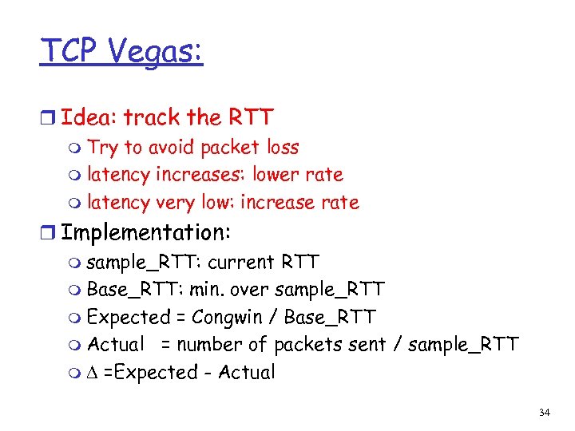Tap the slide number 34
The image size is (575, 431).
(x=545, y=413)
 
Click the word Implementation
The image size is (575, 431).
(x=145, y=232)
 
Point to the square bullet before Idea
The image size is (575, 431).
(x=49, y=119)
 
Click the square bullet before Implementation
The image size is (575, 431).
(x=49, y=234)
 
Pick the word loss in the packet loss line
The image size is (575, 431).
(x=283, y=147)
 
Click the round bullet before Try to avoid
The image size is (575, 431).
(x=75, y=148)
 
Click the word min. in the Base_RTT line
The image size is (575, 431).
(x=207, y=289)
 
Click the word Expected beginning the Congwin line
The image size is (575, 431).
(x=129, y=317)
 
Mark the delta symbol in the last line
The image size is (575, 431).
(x=93, y=372)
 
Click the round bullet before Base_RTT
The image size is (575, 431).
(x=75, y=290)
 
